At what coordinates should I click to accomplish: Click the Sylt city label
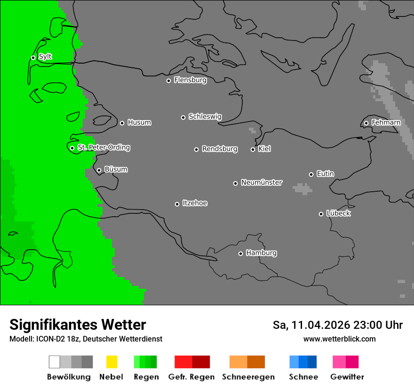45,57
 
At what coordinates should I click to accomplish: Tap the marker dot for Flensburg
168,81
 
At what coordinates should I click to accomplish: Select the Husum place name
139,122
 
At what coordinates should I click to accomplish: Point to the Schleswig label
205,117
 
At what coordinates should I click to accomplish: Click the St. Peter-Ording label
103,147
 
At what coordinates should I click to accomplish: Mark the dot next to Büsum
99,170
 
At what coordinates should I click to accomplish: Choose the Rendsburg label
219,149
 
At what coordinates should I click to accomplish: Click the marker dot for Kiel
253,149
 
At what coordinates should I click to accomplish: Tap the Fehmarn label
386,122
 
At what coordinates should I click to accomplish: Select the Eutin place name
325,174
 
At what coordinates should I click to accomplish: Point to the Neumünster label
262,182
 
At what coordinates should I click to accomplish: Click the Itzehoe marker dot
177,204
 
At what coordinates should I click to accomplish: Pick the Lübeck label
338,213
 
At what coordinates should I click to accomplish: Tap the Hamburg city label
261,253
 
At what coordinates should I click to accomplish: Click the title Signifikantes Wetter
78,325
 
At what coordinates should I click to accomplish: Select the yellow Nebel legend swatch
111,362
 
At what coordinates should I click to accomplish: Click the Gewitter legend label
347,377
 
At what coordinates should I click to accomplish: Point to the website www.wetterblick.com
339,339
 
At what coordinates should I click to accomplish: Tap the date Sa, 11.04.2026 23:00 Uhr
337,325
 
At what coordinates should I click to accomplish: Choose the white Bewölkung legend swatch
55,362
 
